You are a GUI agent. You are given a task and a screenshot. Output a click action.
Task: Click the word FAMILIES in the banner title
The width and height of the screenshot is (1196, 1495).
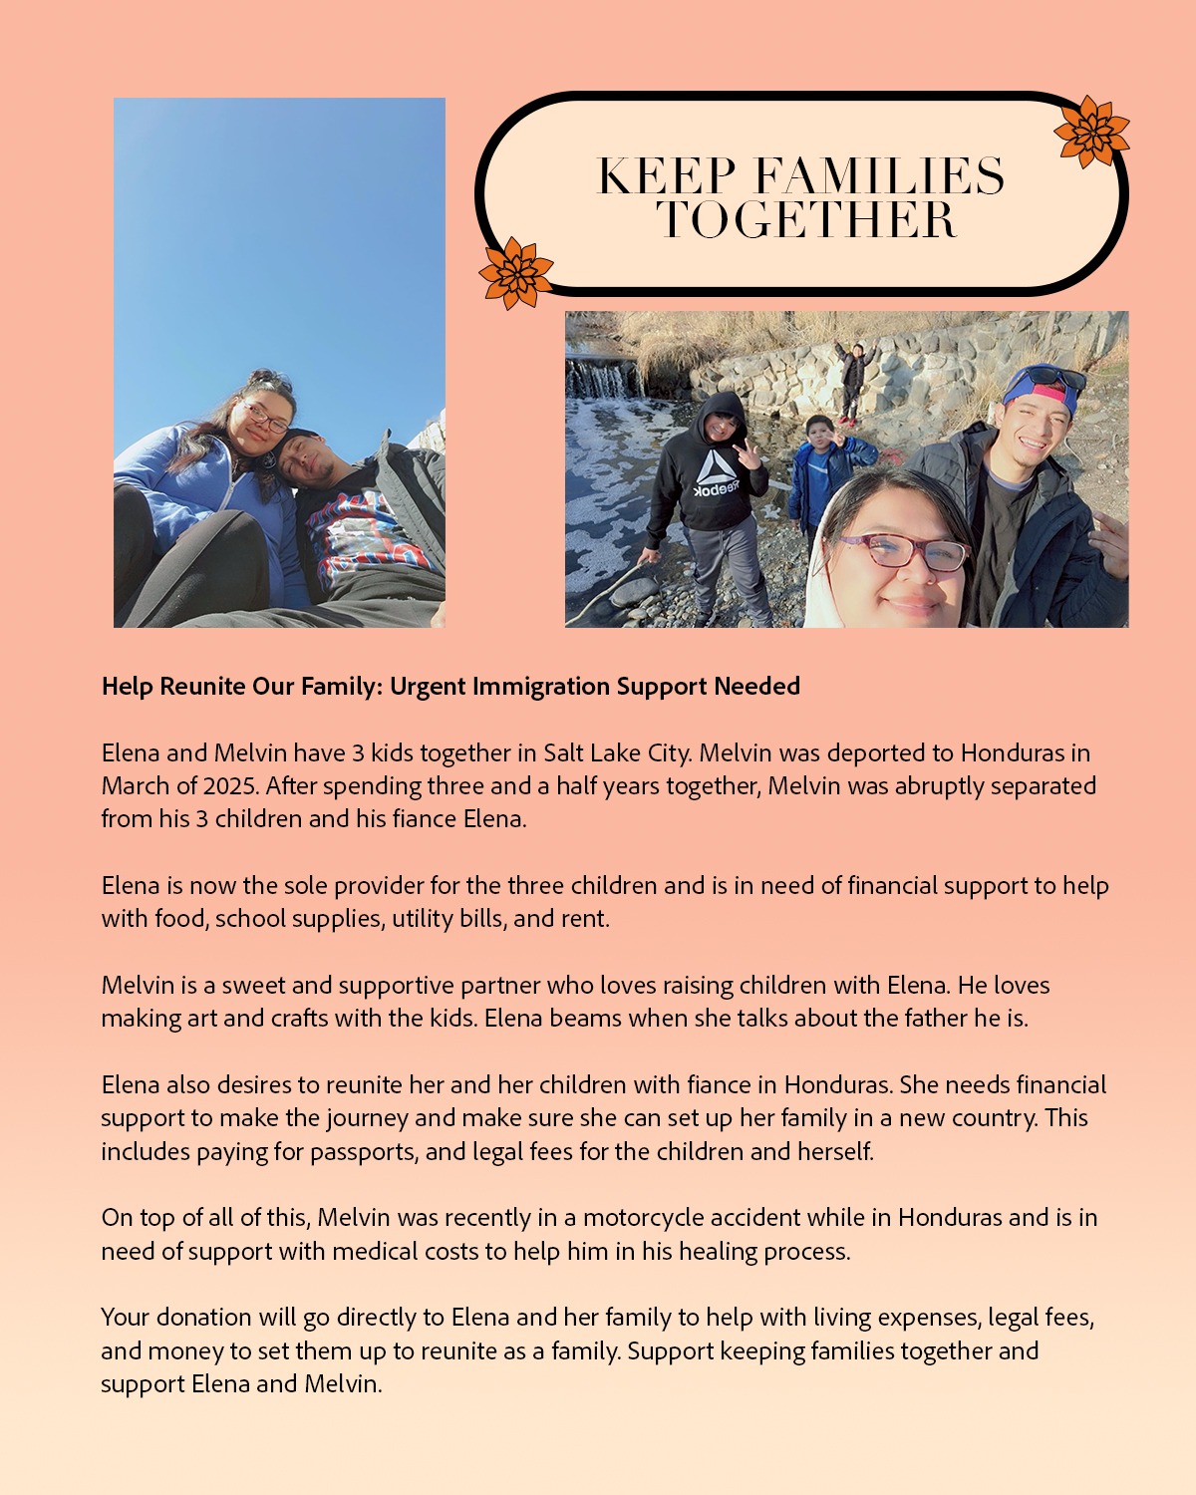879,176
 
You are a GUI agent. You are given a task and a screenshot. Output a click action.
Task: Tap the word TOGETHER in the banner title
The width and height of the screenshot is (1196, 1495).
806,219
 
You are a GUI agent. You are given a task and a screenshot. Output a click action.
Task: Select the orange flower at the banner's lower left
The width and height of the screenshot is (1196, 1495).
515,273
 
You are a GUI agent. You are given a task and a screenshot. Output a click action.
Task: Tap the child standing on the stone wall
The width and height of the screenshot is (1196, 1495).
853,379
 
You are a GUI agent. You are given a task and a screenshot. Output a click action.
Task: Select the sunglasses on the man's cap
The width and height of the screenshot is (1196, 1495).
1046,379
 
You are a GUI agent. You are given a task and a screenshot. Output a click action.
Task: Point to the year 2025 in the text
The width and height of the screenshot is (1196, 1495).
230,785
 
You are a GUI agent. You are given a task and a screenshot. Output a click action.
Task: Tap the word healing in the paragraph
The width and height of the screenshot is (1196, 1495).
718,1251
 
